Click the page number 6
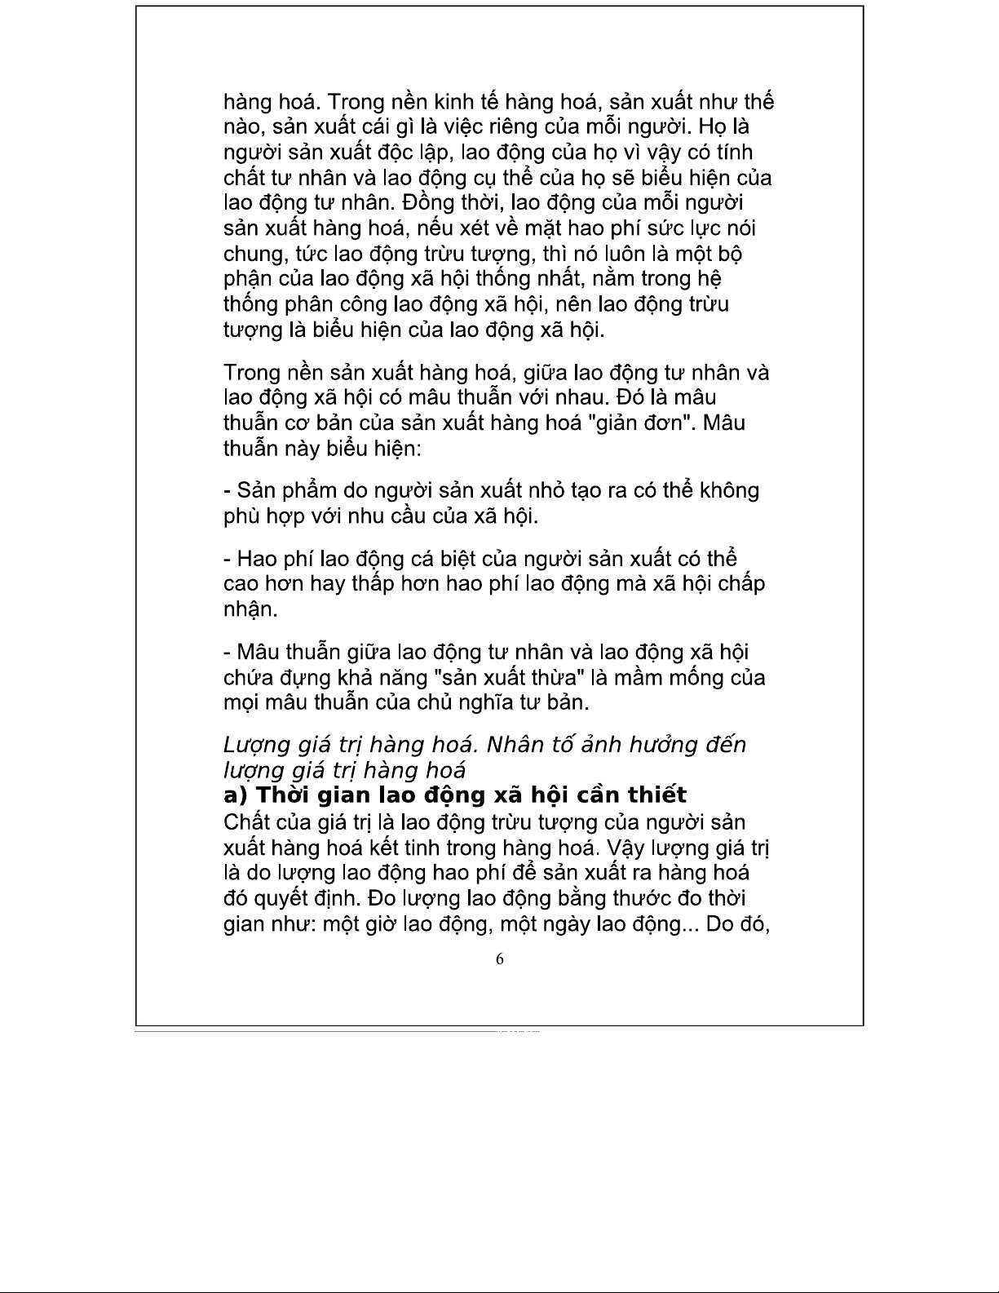500,959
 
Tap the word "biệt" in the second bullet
453,559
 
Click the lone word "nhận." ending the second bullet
251,610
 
